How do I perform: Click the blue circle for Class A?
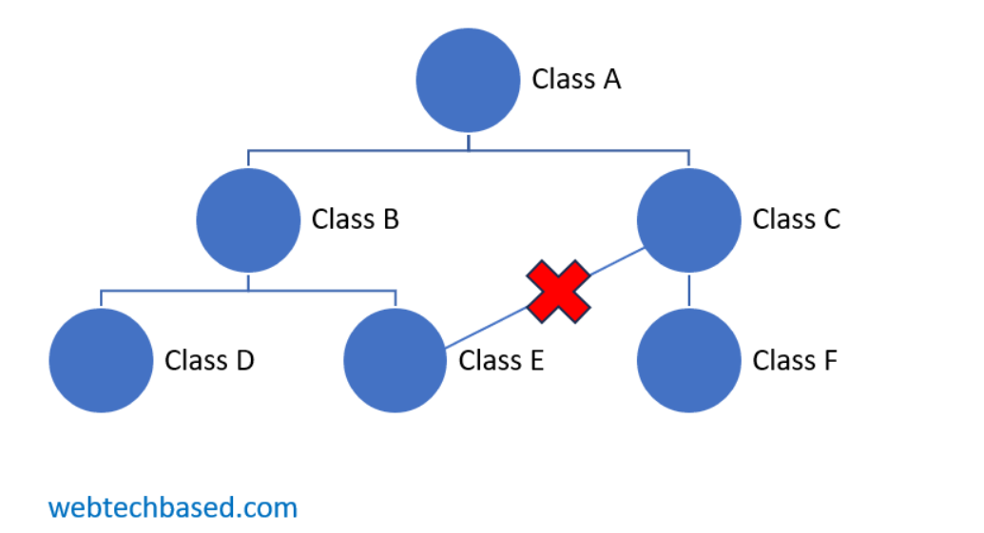click(468, 80)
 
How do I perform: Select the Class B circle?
click(248, 219)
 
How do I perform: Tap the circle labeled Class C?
click(688, 219)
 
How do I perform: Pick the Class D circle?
click(102, 361)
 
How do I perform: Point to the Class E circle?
click(395, 361)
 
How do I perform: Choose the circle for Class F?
click(688, 361)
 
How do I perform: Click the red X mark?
click(559, 291)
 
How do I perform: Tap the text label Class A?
click(576, 79)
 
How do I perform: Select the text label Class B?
click(356, 219)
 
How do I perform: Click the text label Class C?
click(797, 219)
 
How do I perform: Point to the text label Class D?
click(209, 361)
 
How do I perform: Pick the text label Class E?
click(501, 361)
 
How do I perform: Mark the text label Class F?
click(795, 361)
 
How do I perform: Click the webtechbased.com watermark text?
click(173, 507)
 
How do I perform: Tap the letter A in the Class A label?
click(609, 79)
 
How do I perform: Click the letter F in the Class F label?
click(830, 361)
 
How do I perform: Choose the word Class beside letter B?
click(342, 219)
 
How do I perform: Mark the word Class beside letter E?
click(489, 361)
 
